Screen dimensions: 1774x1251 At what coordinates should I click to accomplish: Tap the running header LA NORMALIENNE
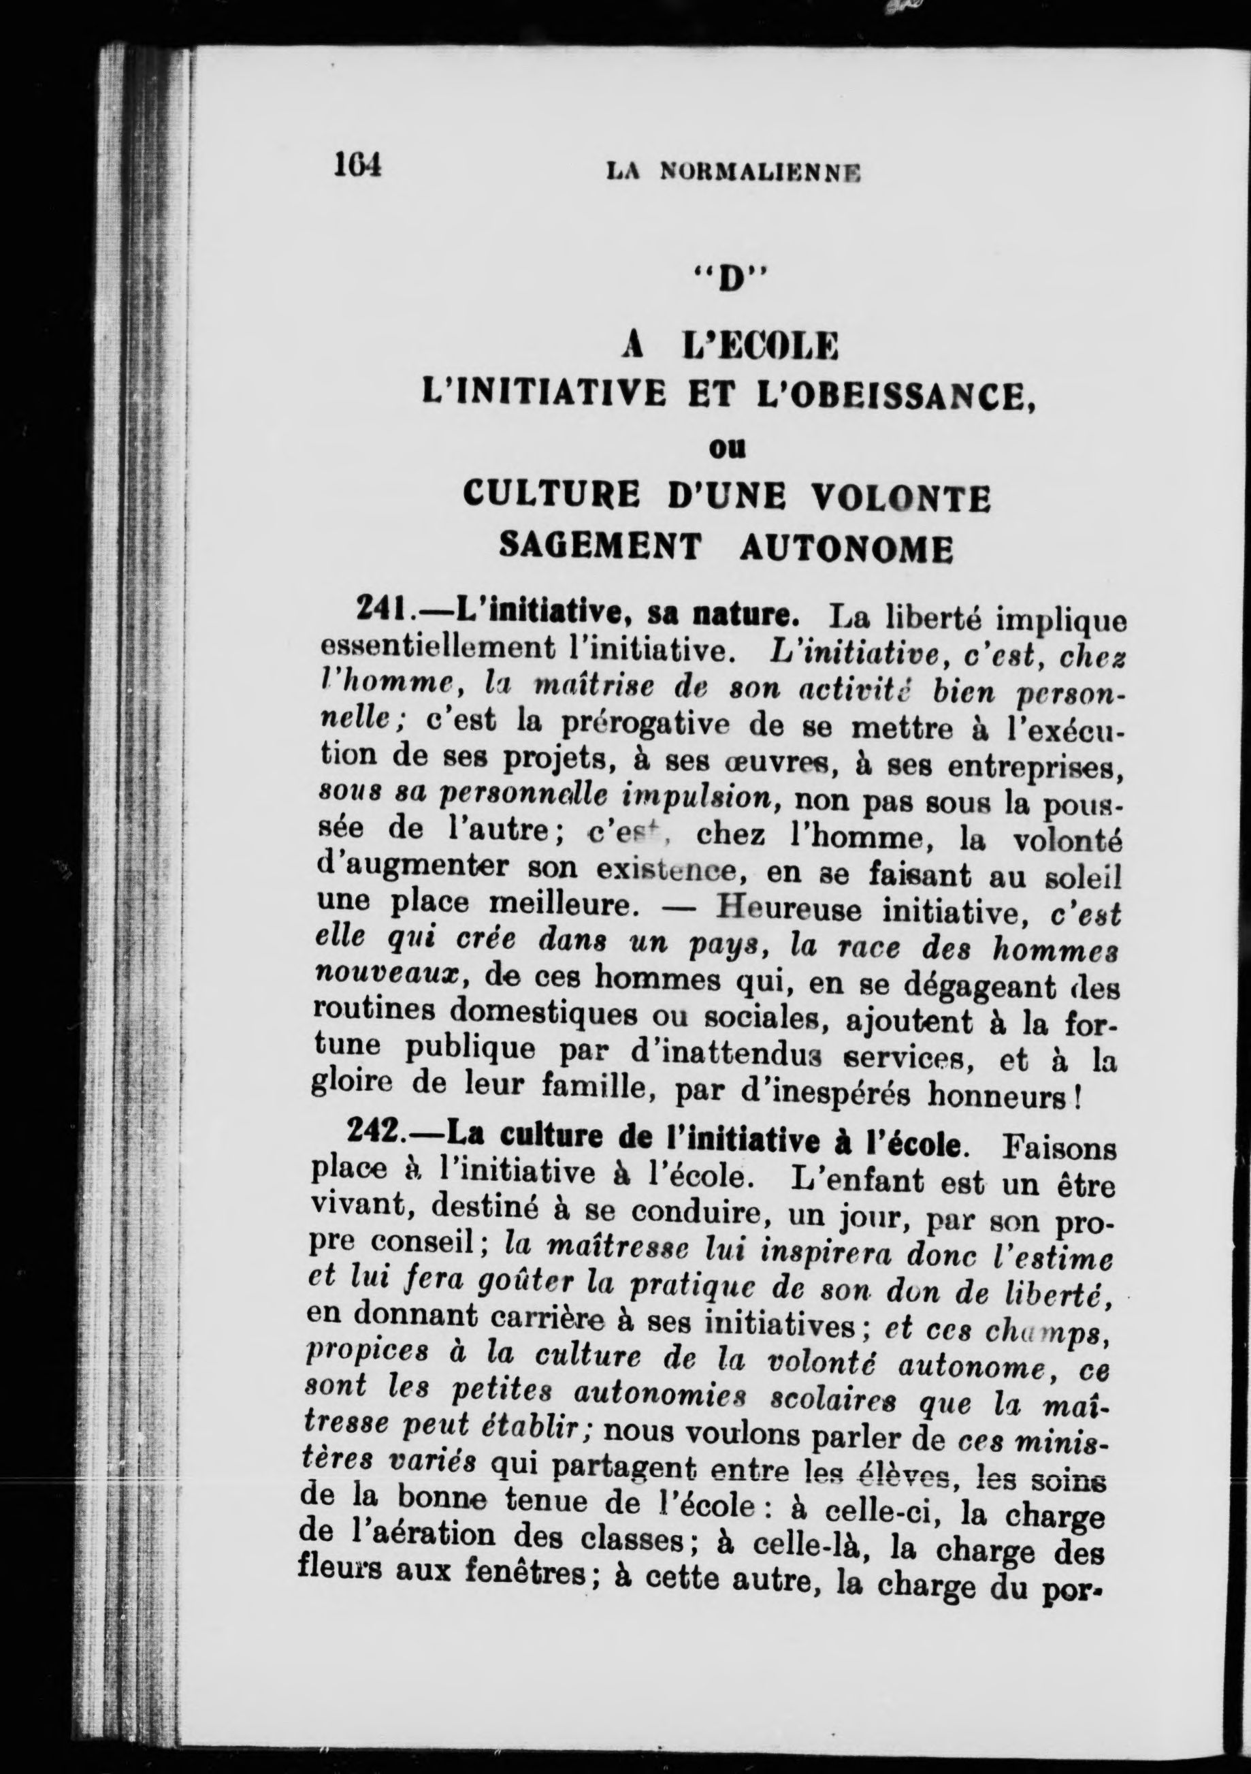point(733,172)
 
